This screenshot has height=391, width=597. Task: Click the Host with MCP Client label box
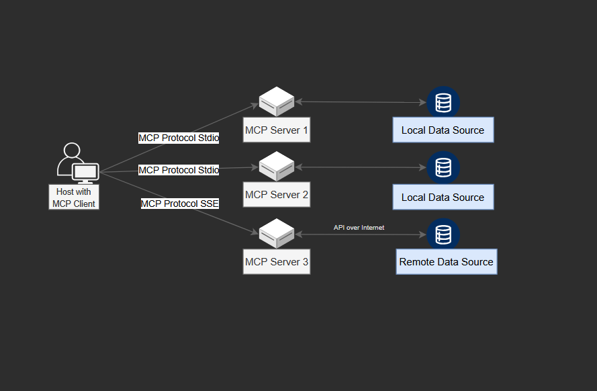[74, 198]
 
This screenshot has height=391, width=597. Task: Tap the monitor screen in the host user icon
[86, 172]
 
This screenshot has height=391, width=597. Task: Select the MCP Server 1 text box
[277, 130]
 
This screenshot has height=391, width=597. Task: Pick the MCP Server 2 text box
[277, 195]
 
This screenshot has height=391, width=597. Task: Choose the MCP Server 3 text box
[277, 261]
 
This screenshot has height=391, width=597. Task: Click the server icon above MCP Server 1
[277, 102]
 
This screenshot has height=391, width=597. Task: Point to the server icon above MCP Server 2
[277, 167]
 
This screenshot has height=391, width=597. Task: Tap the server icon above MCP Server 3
[277, 233]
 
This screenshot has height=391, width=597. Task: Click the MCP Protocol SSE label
[180, 204]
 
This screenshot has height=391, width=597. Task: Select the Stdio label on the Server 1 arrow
[179, 138]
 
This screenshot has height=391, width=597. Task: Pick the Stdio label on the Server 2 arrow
[179, 170]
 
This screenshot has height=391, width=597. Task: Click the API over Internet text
[359, 228]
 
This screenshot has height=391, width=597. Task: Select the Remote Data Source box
[447, 262]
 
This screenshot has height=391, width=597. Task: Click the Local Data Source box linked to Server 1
[443, 130]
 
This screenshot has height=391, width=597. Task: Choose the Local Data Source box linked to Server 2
[443, 197]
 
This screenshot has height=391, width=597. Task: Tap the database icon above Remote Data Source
[443, 234]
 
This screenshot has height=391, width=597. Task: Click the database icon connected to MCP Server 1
[443, 103]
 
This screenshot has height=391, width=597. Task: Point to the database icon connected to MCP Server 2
[443, 167]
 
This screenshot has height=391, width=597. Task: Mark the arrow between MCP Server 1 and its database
[361, 102]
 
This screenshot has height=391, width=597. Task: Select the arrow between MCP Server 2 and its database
[361, 167]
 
